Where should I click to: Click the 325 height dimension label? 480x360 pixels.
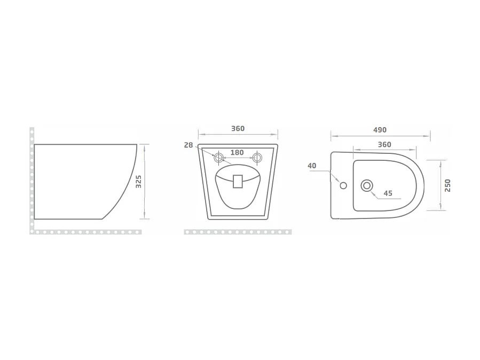pyautogui.click(x=138, y=182)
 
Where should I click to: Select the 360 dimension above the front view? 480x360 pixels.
pyautogui.click(x=238, y=129)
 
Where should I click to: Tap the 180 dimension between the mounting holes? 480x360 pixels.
pyautogui.click(x=237, y=153)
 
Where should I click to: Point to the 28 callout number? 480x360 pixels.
pyautogui.click(x=188, y=145)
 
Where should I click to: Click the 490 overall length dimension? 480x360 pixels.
pyautogui.click(x=380, y=130)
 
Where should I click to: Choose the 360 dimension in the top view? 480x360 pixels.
pyautogui.click(x=384, y=144)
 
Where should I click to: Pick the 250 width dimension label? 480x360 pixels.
pyautogui.click(x=447, y=185)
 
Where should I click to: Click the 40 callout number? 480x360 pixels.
pyautogui.click(x=312, y=166)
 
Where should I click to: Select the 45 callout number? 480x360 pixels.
pyautogui.click(x=388, y=193)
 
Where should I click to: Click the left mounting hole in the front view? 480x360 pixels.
pyautogui.click(x=218, y=158)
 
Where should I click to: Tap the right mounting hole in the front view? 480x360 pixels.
pyautogui.click(x=257, y=158)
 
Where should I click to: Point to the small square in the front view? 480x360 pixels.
pyautogui.click(x=238, y=181)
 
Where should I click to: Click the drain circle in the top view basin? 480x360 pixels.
pyautogui.click(x=367, y=185)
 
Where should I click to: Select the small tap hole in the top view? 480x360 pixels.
pyautogui.click(x=343, y=186)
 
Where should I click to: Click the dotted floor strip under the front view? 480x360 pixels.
pyautogui.click(x=238, y=232)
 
